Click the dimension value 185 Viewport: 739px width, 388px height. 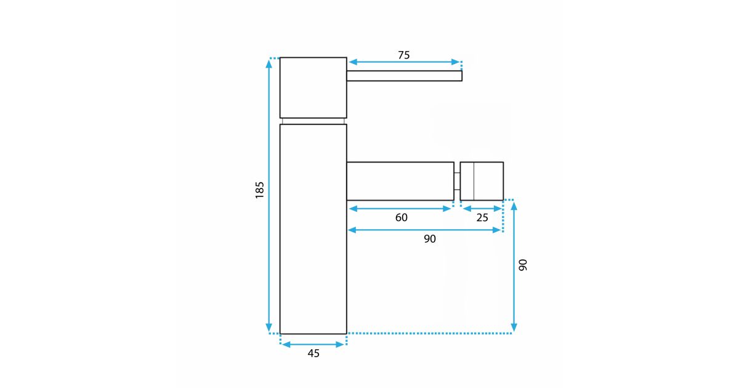260,190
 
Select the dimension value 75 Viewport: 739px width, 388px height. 404,55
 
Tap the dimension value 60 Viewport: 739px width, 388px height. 401,217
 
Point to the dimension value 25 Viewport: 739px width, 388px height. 482,217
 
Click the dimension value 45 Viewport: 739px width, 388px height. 313,354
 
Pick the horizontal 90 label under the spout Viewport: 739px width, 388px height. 430,239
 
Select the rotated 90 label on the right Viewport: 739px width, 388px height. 523,265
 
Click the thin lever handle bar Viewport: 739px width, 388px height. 405,76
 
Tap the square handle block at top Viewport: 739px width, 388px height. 313,87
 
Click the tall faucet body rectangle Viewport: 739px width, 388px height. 313,229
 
